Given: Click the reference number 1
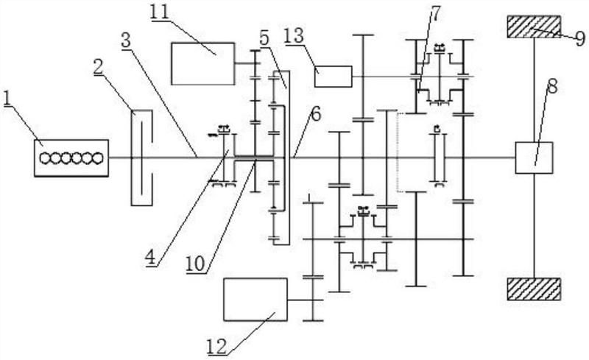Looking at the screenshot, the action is pos(7,99).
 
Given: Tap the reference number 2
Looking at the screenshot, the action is pos(99,67).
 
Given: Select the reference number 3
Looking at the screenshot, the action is pos(126,40).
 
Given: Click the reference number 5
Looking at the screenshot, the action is pos(265,38).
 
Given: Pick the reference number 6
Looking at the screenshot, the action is pos(316,115).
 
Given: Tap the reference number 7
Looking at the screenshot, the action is pos(434,13).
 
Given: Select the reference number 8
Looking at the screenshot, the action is pos(552,88).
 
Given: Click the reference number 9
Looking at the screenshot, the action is pos(580,38).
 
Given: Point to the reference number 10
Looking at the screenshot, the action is pos(196,264).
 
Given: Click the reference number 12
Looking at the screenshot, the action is pos(217,347).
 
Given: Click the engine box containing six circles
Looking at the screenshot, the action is pos(71,158).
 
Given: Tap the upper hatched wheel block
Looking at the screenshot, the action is pos(535,27).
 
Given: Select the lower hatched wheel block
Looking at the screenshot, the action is pos(535,289).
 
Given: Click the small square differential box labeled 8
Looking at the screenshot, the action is pos(534,158).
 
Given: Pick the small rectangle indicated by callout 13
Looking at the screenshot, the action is pos(334,77).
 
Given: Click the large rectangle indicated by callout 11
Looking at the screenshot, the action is pos(203,63).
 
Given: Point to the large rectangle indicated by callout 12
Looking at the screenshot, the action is pos(255,300).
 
